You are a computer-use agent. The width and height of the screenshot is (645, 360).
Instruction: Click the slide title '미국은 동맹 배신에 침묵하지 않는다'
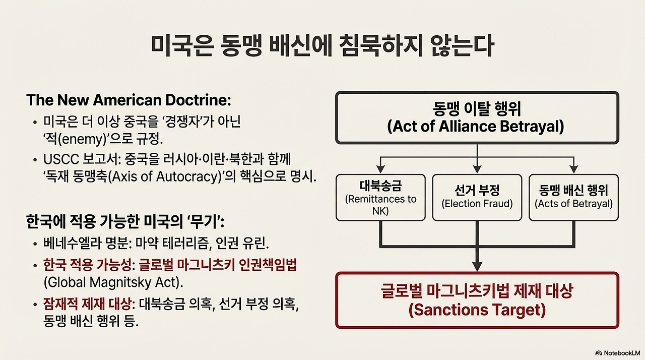(x=322, y=46)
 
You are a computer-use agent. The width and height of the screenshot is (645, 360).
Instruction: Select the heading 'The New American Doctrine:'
(x=128, y=100)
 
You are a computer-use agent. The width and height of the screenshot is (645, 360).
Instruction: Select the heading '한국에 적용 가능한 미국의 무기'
(x=125, y=222)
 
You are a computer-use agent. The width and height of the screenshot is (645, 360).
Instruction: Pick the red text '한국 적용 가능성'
(x=87, y=265)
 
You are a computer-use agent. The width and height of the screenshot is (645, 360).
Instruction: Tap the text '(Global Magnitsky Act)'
(x=113, y=282)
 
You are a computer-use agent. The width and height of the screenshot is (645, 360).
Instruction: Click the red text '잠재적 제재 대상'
(x=87, y=304)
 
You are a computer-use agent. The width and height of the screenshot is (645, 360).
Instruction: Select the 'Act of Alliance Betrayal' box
(x=477, y=117)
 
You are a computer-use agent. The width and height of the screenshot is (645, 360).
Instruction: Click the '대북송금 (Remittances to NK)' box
(x=380, y=198)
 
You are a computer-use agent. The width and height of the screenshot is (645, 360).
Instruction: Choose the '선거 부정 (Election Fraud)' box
(x=477, y=198)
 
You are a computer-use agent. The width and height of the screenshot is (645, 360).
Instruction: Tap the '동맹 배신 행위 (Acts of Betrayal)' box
(x=573, y=198)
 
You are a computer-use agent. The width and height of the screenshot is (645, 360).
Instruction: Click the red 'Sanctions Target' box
(x=477, y=300)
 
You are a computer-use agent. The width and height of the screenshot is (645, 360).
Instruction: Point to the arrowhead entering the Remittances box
(x=380, y=169)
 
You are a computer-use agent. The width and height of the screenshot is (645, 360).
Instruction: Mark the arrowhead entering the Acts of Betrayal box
(x=574, y=169)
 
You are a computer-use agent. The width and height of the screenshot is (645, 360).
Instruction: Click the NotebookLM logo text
(x=618, y=353)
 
